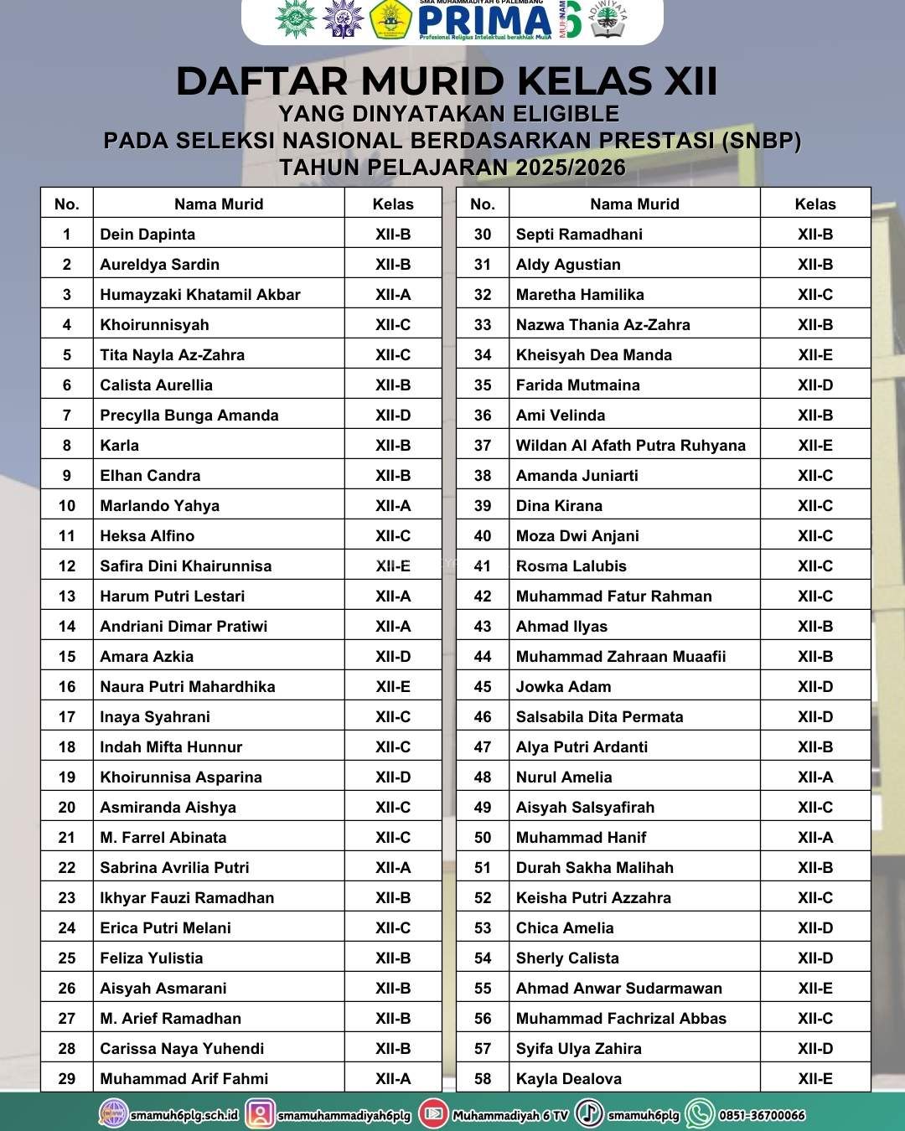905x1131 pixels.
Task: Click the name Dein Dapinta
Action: point(147,235)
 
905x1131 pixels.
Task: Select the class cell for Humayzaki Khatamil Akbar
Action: point(393,295)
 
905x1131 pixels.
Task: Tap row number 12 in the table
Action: point(67,566)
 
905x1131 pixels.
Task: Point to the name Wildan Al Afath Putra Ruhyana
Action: point(630,446)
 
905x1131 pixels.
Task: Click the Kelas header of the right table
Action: point(815,204)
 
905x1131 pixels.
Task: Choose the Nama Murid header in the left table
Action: point(219,204)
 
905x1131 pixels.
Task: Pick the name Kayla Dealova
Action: point(569,1079)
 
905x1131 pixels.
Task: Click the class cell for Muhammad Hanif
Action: point(815,838)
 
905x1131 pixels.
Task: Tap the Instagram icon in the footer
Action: point(261,1113)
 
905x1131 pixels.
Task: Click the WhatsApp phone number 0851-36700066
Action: point(762,1115)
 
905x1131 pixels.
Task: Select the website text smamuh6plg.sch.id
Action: point(184,1115)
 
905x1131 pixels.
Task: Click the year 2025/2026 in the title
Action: point(571,168)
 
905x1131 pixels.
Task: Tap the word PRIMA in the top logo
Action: point(484,20)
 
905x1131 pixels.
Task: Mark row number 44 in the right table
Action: point(483,657)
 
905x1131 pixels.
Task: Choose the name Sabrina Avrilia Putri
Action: point(174,868)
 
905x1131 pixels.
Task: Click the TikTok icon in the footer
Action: point(590,1113)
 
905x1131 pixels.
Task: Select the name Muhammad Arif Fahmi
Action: point(184,1079)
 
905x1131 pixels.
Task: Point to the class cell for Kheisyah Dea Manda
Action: point(815,355)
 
